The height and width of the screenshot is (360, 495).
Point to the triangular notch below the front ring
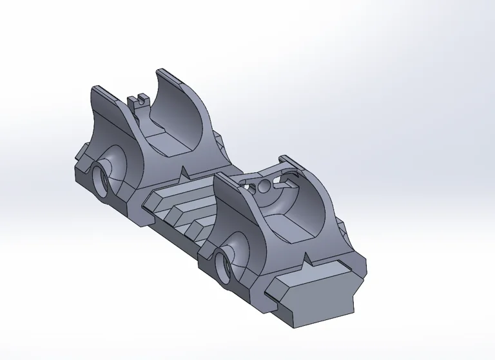308,260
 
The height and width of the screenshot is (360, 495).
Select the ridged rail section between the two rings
180,206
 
